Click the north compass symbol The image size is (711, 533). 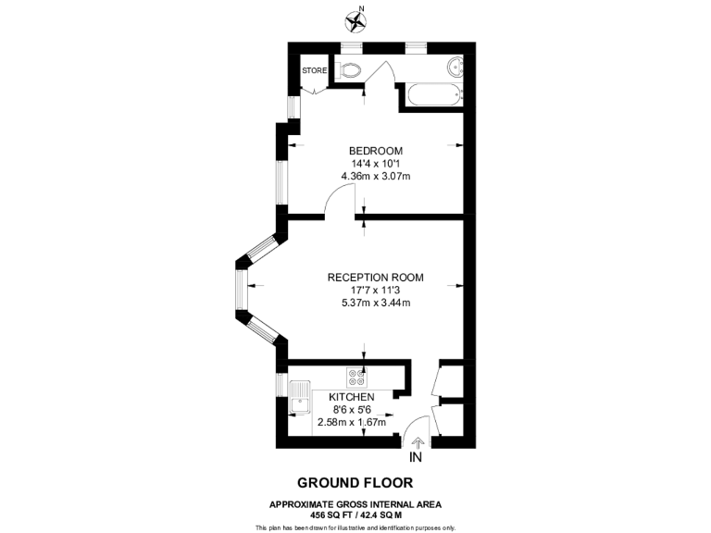[x=355, y=20]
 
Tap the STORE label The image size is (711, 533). [x=314, y=69]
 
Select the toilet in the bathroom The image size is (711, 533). [x=349, y=69]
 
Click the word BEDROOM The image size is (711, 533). [x=375, y=151]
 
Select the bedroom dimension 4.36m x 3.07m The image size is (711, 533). [x=375, y=176]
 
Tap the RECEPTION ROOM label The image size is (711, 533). [x=375, y=277]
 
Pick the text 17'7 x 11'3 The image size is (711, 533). [x=375, y=290]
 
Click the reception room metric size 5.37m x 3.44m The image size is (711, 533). [x=375, y=303]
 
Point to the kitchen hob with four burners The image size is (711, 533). [x=356, y=378]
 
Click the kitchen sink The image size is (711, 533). [x=300, y=398]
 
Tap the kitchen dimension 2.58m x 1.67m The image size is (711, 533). [x=351, y=422]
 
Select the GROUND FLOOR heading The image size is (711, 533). [x=355, y=482]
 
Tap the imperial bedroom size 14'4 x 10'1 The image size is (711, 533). [x=375, y=164]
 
